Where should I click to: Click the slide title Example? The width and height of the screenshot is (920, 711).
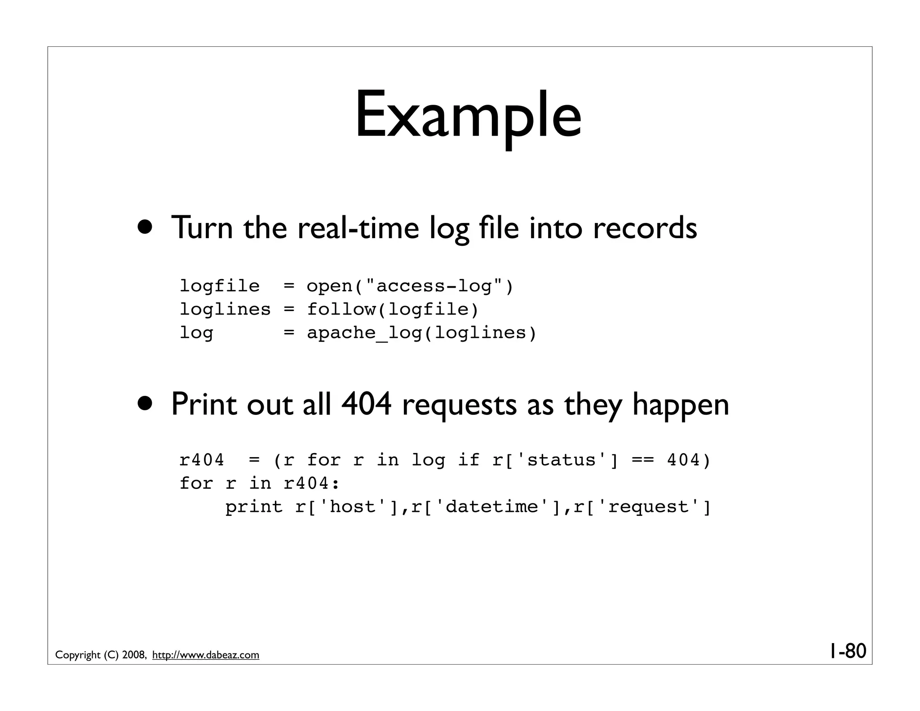(x=468, y=116)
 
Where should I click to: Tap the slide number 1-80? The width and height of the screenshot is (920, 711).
(x=847, y=651)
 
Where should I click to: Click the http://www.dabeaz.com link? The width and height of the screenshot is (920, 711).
(x=206, y=655)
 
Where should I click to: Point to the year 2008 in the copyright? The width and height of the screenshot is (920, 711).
(x=133, y=655)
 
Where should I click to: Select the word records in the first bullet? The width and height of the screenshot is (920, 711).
(x=645, y=227)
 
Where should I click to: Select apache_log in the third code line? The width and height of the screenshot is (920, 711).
(x=364, y=333)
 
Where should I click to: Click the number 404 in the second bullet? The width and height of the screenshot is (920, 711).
(x=367, y=404)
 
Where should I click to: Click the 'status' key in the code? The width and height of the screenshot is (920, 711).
(x=562, y=460)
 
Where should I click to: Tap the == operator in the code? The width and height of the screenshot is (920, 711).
(x=642, y=460)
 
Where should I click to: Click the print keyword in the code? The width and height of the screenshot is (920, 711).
(x=254, y=507)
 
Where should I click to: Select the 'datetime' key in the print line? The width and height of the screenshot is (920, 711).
(x=491, y=507)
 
